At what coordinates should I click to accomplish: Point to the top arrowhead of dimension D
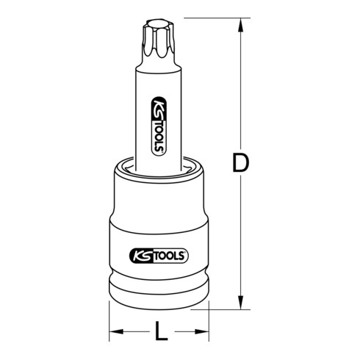click(x=239, y=23)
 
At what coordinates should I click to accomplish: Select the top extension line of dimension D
click(x=206, y=15)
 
